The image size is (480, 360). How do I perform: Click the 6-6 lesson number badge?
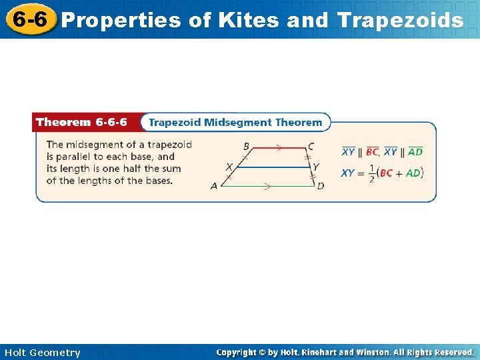click(x=27, y=19)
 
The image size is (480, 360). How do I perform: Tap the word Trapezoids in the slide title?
click(x=400, y=21)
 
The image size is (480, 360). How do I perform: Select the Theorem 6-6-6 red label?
click(x=81, y=123)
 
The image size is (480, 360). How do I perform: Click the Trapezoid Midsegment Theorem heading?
click(x=235, y=123)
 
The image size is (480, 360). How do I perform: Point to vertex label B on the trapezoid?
click(x=246, y=147)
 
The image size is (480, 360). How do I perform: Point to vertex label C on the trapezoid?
click(x=311, y=147)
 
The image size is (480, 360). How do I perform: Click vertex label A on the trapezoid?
click(x=214, y=186)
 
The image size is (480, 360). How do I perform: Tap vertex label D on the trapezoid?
click(x=321, y=186)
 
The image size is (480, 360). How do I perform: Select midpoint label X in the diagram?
click(x=229, y=167)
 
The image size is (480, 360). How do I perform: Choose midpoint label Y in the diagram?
click(x=316, y=167)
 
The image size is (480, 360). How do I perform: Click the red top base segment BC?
click(x=278, y=147)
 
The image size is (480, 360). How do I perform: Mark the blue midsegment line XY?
click(x=273, y=167)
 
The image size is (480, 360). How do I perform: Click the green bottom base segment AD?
click(x=267, y=186)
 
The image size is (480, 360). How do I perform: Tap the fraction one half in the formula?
click(x=371, y=173)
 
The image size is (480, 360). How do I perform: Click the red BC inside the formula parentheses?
click(x=385, y=173)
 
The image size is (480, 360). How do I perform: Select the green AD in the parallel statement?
click(x=415, y=152)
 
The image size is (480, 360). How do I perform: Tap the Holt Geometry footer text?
click(x=41, y=353)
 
